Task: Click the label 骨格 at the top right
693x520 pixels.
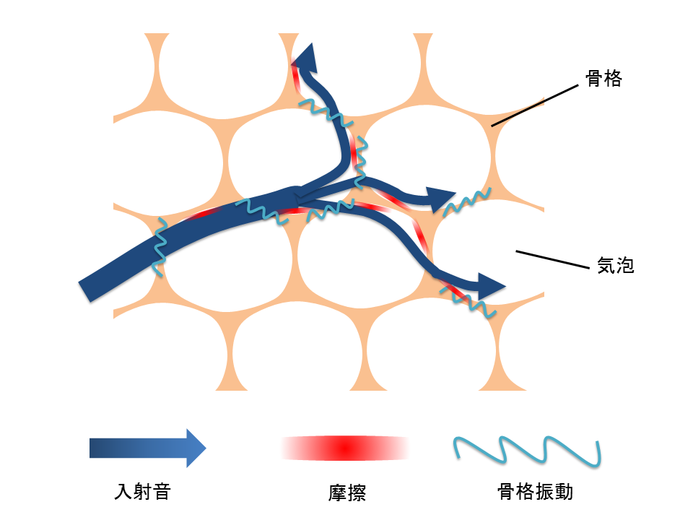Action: [603, 79]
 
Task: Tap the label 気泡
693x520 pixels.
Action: [616, 265]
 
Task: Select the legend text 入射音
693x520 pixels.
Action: [142, 491]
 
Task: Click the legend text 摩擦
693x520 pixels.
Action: [347, 493]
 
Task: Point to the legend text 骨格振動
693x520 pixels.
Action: [535, 491]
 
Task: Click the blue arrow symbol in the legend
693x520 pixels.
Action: [147, 448]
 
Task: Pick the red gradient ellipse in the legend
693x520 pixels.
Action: [346, 448]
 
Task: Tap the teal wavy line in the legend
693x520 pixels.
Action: [527, 451]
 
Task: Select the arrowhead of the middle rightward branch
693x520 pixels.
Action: [440, 199]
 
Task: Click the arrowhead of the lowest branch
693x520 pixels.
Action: [491, 286]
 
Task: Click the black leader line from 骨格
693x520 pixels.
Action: [535, 105]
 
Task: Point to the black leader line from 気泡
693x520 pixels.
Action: [552, 259]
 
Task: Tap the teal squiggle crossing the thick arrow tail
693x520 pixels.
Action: [159, 247]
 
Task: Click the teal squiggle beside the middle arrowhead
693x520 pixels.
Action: [467, 201]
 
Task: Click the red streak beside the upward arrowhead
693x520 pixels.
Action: [296, 78]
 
